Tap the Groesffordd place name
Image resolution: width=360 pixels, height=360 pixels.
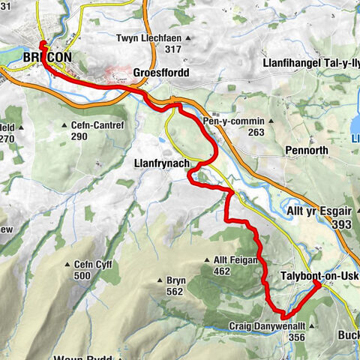(160, 73)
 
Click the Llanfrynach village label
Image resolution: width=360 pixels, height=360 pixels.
(160, 161)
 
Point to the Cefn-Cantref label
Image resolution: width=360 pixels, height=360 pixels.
(93, 125)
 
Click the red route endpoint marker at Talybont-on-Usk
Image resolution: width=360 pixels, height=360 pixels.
(317, 284)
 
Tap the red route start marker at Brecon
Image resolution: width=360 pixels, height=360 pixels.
(42, 44)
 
